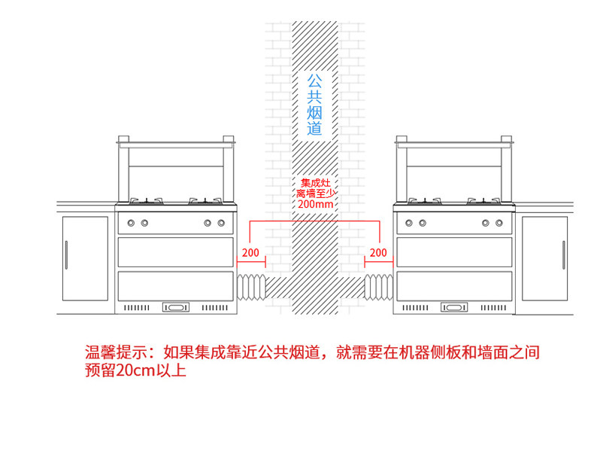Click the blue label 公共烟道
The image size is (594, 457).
click(x=314, y=105)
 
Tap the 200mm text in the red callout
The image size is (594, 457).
click(x=316, y=204)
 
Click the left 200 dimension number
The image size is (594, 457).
click(x=250, y=252)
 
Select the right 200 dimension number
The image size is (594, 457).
click(x=378, y=252)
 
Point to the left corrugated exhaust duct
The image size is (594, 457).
click(x=251, y=288)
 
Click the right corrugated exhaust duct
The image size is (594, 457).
click(x=379, y=288)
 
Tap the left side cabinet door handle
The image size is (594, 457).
click(x=67, y=255)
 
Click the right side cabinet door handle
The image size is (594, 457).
click(x=564, y=255)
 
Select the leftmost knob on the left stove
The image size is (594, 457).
click(x=131, y=223)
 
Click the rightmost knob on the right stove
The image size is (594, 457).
click(x=499, y=223)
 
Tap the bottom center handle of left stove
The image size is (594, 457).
click(x=176, y=307)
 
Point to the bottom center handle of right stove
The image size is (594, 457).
click(x=454, y=307)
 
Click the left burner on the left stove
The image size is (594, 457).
click(x=146, y=201)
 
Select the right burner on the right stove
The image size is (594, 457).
click(x=483, y=201)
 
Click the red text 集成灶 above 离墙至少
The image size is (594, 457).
click(x=316, y=183)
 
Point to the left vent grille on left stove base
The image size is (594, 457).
click(x=137, y=308)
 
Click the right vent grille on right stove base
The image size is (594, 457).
click(x=493, y=308)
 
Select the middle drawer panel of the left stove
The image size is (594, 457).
click(x=176, y=252)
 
